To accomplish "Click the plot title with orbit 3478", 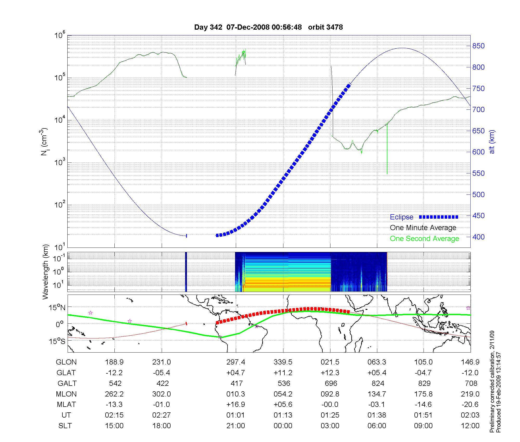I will (x=268, y=27).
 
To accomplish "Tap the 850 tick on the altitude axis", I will (x=478, y=46).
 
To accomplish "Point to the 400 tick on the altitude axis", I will (x=478, y=237).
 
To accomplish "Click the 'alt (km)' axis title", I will (x=492, y=142).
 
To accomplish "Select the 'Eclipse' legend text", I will (x=401, y=217).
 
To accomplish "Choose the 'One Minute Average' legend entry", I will (x=423, y=228).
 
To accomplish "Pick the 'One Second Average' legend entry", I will (x=424, y=239).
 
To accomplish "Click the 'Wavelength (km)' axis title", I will (x=45, y=272).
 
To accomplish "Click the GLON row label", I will (x=66, y=362).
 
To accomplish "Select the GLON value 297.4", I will (x=236, y=362).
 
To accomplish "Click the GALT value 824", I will (x=378, y=383).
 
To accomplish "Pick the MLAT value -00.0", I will (x=330, y=405).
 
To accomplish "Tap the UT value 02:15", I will (x=114, y=415).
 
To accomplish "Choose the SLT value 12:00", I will (x=470, y=426).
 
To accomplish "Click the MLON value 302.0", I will (x=161, y=394).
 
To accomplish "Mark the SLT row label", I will (x=65, y=426).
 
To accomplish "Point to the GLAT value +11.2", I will (x=283, y=373).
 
